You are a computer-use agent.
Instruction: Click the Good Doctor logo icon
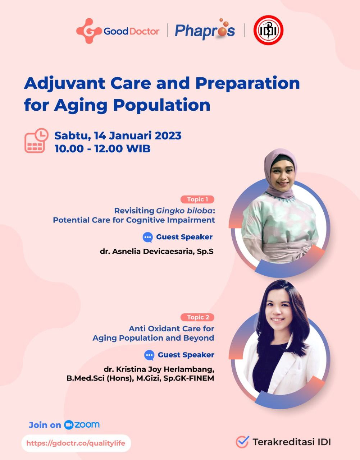88,31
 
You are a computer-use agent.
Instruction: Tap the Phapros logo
205,29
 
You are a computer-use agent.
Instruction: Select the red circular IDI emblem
269,30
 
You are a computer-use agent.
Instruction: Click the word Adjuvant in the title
64,84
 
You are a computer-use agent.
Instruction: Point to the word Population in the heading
162,105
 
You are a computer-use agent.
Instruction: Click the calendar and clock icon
36,141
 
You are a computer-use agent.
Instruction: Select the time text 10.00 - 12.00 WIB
102,149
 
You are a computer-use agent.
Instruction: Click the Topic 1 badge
197,199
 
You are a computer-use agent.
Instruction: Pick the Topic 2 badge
197,317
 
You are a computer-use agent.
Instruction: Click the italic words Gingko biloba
184,211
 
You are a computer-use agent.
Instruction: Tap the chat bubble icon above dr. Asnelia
147,237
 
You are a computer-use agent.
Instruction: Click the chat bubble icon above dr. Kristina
149,355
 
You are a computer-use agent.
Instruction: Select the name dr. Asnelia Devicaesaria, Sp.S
157,252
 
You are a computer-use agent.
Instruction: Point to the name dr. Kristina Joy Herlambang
159,369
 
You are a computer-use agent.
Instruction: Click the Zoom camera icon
69,425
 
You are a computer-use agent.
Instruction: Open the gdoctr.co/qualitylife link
76,443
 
